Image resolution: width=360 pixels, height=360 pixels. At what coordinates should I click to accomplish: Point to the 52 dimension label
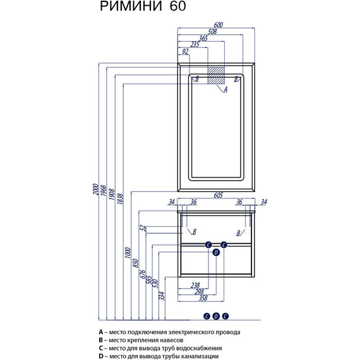(143, 227)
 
